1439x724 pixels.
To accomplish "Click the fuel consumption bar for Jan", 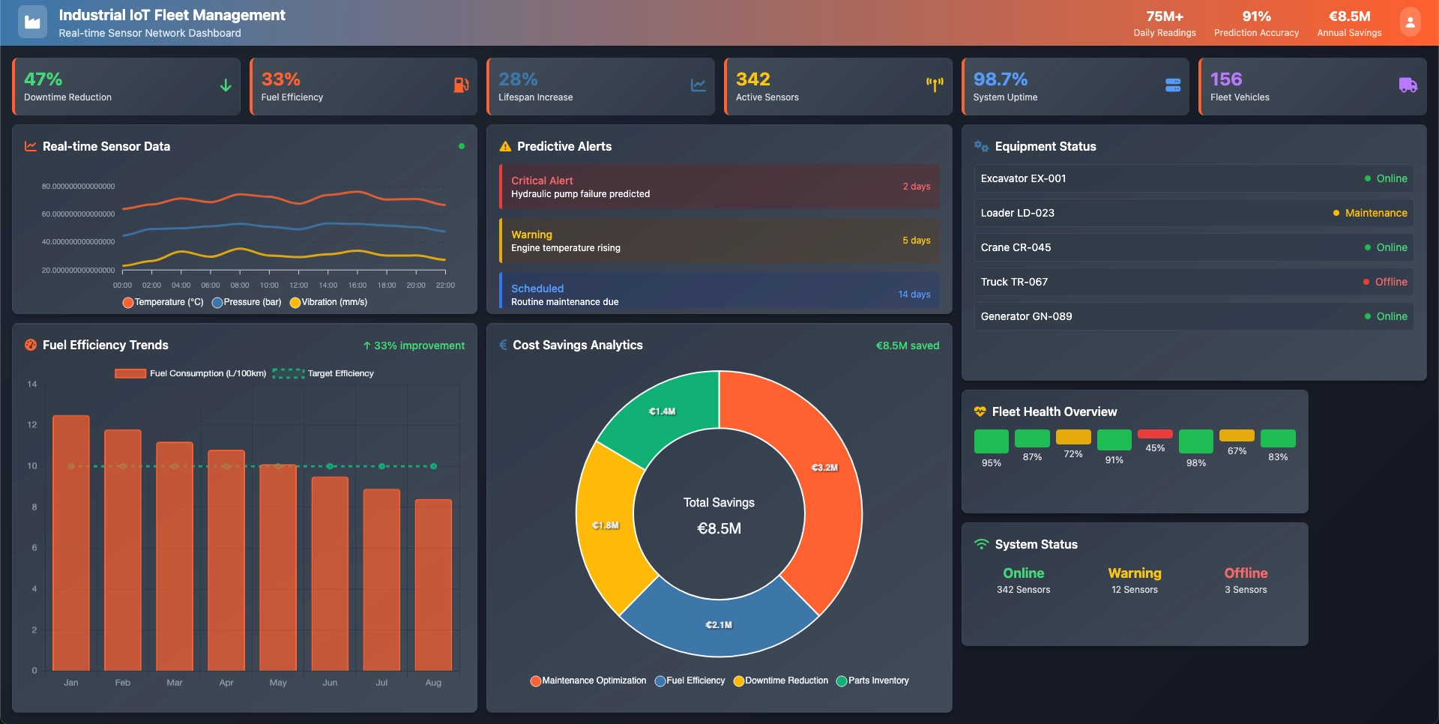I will [x=71, y=543].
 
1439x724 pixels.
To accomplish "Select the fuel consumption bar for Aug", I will [x=433, y=585].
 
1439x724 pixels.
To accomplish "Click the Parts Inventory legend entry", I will [x=872, y=681].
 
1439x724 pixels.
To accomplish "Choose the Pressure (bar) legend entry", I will [x=247, y=302].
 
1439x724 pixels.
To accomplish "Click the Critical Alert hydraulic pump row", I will [x=718, y=187].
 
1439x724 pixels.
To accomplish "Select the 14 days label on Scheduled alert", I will [x=914, y=295].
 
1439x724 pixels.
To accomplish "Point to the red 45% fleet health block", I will [x=1155, y=434].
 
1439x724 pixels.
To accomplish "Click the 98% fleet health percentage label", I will [x=1196, y=463].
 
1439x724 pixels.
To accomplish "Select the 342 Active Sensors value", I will [x=752, y=79].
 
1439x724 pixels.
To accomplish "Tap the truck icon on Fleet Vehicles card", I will [x=1408, y=85].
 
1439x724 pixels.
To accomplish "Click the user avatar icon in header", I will [x=1410, y=22].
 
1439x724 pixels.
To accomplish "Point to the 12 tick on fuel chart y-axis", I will [x=32, y=425].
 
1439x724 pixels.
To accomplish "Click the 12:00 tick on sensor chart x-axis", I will [x=298, y=286].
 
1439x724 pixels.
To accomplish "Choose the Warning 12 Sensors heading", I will [x=1135, y=573].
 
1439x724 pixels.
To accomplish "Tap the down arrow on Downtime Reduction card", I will [x=226, y=85].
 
